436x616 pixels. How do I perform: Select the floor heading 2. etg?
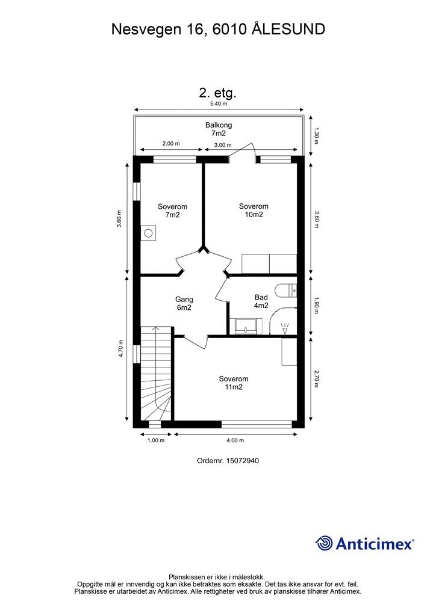point(217,93)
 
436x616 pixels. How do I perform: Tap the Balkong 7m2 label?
point(218,129)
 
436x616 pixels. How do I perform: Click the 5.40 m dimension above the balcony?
point(218,103)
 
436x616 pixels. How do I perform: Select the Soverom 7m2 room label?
point(169,210)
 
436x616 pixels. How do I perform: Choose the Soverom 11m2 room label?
point(234,383)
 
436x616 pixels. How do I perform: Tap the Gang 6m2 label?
point(184,303)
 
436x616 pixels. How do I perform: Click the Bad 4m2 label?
point(261,301)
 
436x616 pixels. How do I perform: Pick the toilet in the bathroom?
point(285,291)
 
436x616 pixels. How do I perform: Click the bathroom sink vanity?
point(248,326)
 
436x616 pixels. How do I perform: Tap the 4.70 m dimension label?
point(121,350)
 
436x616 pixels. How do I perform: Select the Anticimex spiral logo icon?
point(324,543)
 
